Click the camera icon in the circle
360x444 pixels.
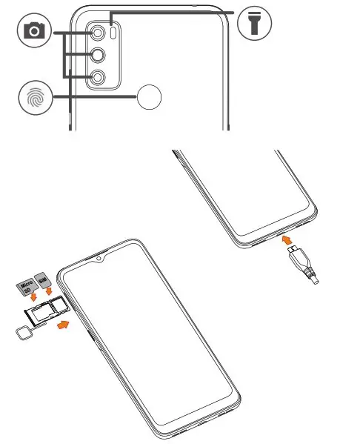[33, 32]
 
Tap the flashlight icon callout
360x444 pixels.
[255, 24]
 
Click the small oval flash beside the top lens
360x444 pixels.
[113, 33]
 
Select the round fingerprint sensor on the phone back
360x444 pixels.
[150, 96]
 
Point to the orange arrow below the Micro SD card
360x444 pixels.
[31, 298]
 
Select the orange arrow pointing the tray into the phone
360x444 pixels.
[65, 325]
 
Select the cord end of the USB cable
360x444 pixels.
[314, 281]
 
